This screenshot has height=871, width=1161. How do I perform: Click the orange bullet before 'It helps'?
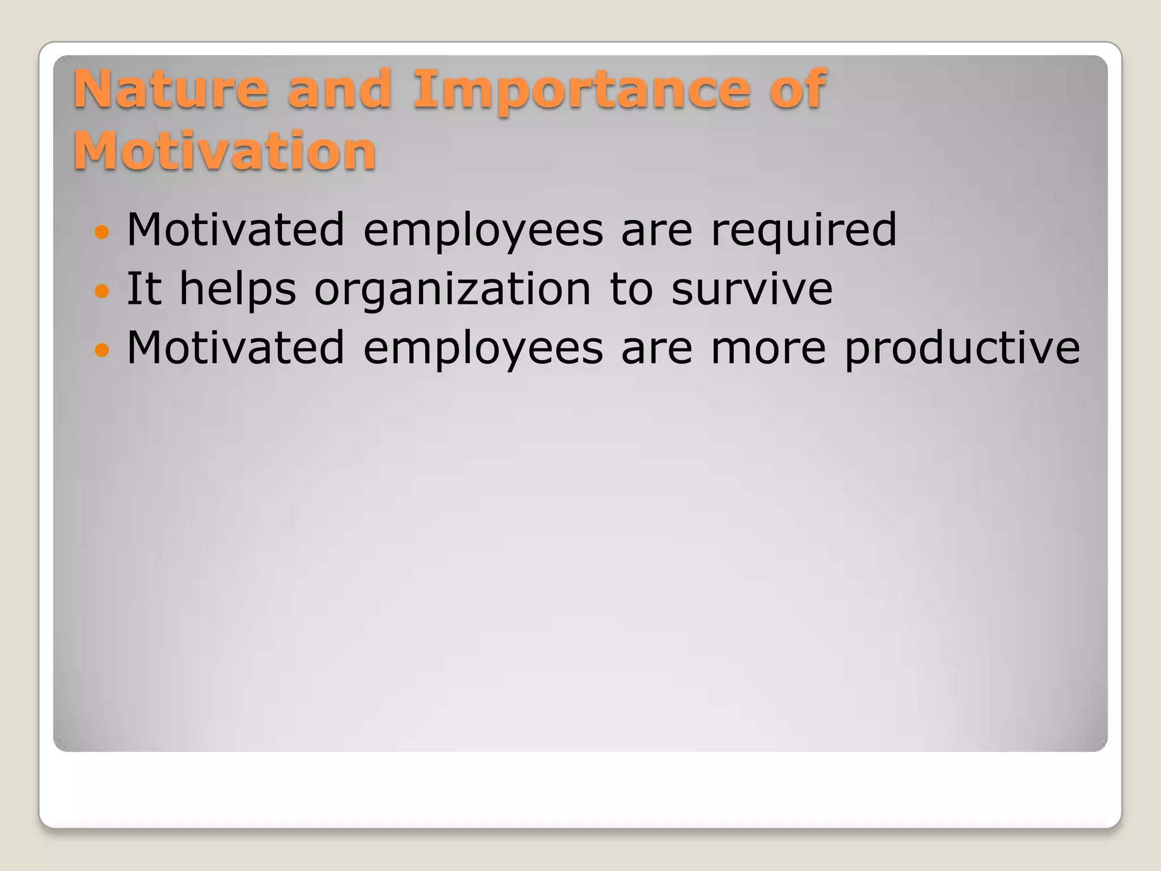point(101,291)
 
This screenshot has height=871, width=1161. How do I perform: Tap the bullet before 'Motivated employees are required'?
point(101,232)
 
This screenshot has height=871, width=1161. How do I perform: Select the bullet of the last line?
point(101,350)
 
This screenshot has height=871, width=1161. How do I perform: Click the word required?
point(803,231)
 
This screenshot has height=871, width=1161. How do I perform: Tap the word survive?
point(752,289)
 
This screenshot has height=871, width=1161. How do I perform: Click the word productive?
point(962,349)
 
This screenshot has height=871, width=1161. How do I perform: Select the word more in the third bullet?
point(768,349)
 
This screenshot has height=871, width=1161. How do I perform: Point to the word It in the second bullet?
point(144,289)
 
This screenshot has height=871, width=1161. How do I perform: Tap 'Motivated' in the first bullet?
point(235,230)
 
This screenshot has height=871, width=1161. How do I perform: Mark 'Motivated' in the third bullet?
point(235,348)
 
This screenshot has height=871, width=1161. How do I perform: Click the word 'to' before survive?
point(631,289)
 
